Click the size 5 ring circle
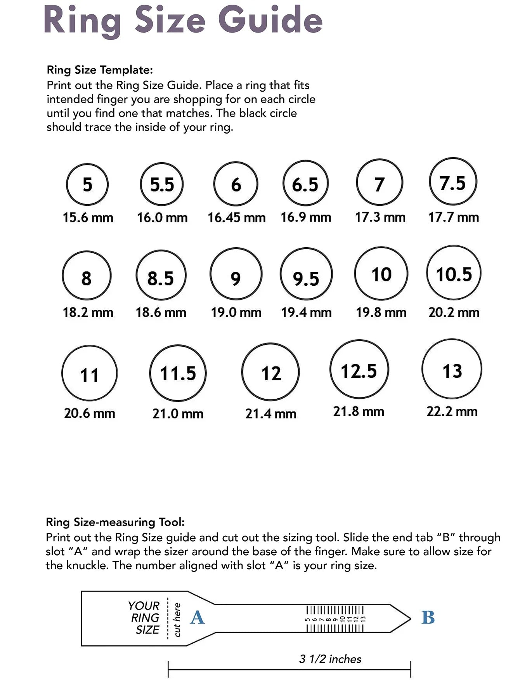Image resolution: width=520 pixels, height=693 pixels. (x=87, y=184)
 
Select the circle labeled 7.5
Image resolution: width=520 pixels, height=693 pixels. (x=453, y=182)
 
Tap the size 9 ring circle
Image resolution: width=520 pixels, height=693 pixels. (x=236, y=274)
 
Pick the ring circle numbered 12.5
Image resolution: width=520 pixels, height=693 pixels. (x=359, y=369)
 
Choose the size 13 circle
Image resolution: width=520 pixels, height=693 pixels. (x=452, y=369)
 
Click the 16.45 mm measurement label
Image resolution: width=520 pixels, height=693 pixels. (x=236, y=217)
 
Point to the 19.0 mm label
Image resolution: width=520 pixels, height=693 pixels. (x=236, y=313)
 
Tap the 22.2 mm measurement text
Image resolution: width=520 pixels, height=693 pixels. (x=452, y=412)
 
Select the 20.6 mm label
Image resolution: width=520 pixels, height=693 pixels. (x=90, y=413)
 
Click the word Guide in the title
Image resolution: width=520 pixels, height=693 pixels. (x=270, y=20)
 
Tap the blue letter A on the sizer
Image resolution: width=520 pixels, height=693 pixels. (x=197, y=617)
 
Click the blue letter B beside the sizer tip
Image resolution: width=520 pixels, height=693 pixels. (x=428, y=617)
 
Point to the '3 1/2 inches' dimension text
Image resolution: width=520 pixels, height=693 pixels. (x=330, y=659)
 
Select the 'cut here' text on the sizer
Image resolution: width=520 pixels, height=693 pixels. (x=177, y=620)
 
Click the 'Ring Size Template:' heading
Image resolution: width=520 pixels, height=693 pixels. (x=100, y=70)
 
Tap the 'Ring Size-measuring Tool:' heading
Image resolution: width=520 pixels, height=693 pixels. (x=115, y=522)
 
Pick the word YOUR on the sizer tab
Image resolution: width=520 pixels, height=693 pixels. (x=144, y=606)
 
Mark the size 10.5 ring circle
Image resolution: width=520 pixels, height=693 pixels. (x=454, y=273)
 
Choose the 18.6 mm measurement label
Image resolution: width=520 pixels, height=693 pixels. (x=161, y=313)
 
